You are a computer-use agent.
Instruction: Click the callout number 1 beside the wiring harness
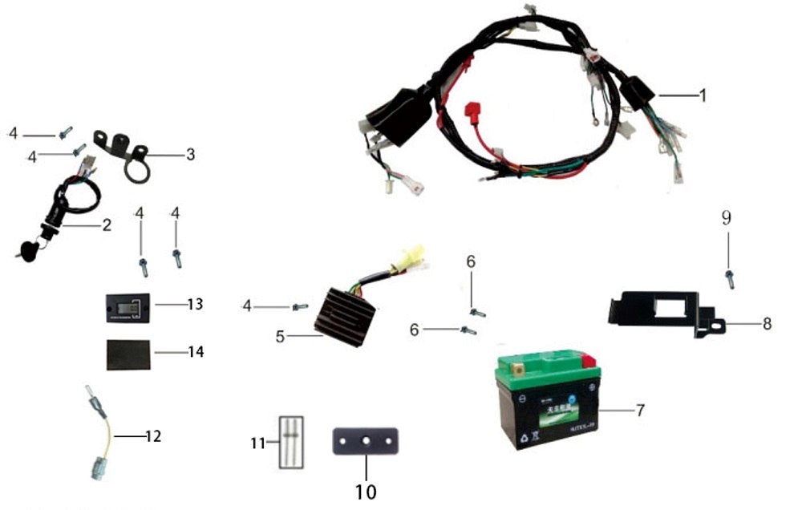click(703, 95)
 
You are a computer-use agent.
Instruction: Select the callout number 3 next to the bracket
click(190, 154)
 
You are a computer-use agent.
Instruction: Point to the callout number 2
click(106, 225)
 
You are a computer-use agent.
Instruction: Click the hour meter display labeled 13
click(128, 306)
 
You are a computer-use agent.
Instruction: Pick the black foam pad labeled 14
click(128, 353)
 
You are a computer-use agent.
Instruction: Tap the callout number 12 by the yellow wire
click(153, 436)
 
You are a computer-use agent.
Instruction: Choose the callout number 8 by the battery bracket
click(768, 324)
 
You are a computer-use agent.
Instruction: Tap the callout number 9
click(727, 218)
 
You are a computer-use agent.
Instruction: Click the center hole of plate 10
click(366, 441)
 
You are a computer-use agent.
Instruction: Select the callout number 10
click(365, 488)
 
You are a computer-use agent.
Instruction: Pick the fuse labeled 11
click(290, 442)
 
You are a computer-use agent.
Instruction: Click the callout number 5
click(280, 337)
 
